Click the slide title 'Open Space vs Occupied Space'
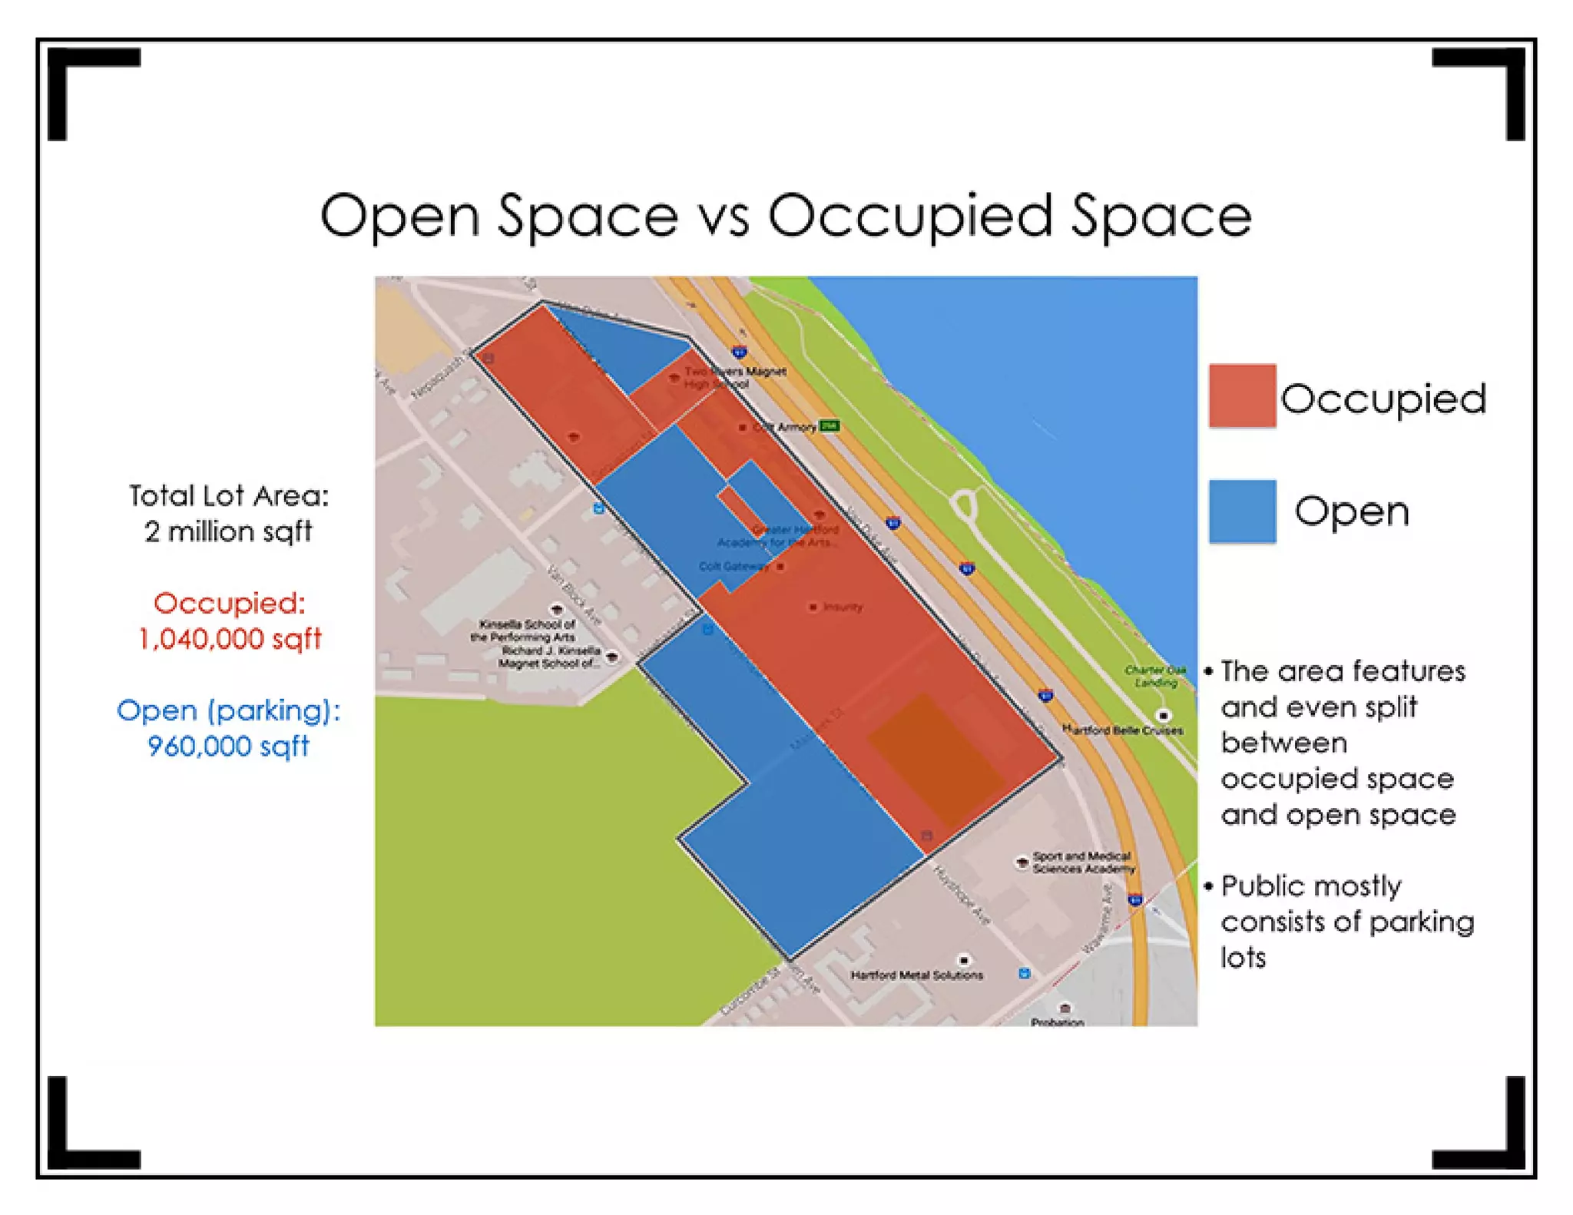pos(785,216)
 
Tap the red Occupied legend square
pos(1241,396)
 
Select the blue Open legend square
pos(1241,511)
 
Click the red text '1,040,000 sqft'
pos(230,639)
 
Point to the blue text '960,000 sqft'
pos(228,746)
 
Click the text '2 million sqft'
pos(228,531)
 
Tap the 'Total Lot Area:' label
pos(228,496)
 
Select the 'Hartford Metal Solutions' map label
pos(916,975)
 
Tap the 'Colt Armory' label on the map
pos(785,427)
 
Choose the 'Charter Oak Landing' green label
pos(1155,676)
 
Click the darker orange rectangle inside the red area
pos(936,760)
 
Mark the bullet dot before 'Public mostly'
pos(1208,886)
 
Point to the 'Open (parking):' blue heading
pos(228,710)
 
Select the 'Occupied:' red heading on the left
pos(230,604)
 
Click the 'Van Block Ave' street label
pos(573,594)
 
